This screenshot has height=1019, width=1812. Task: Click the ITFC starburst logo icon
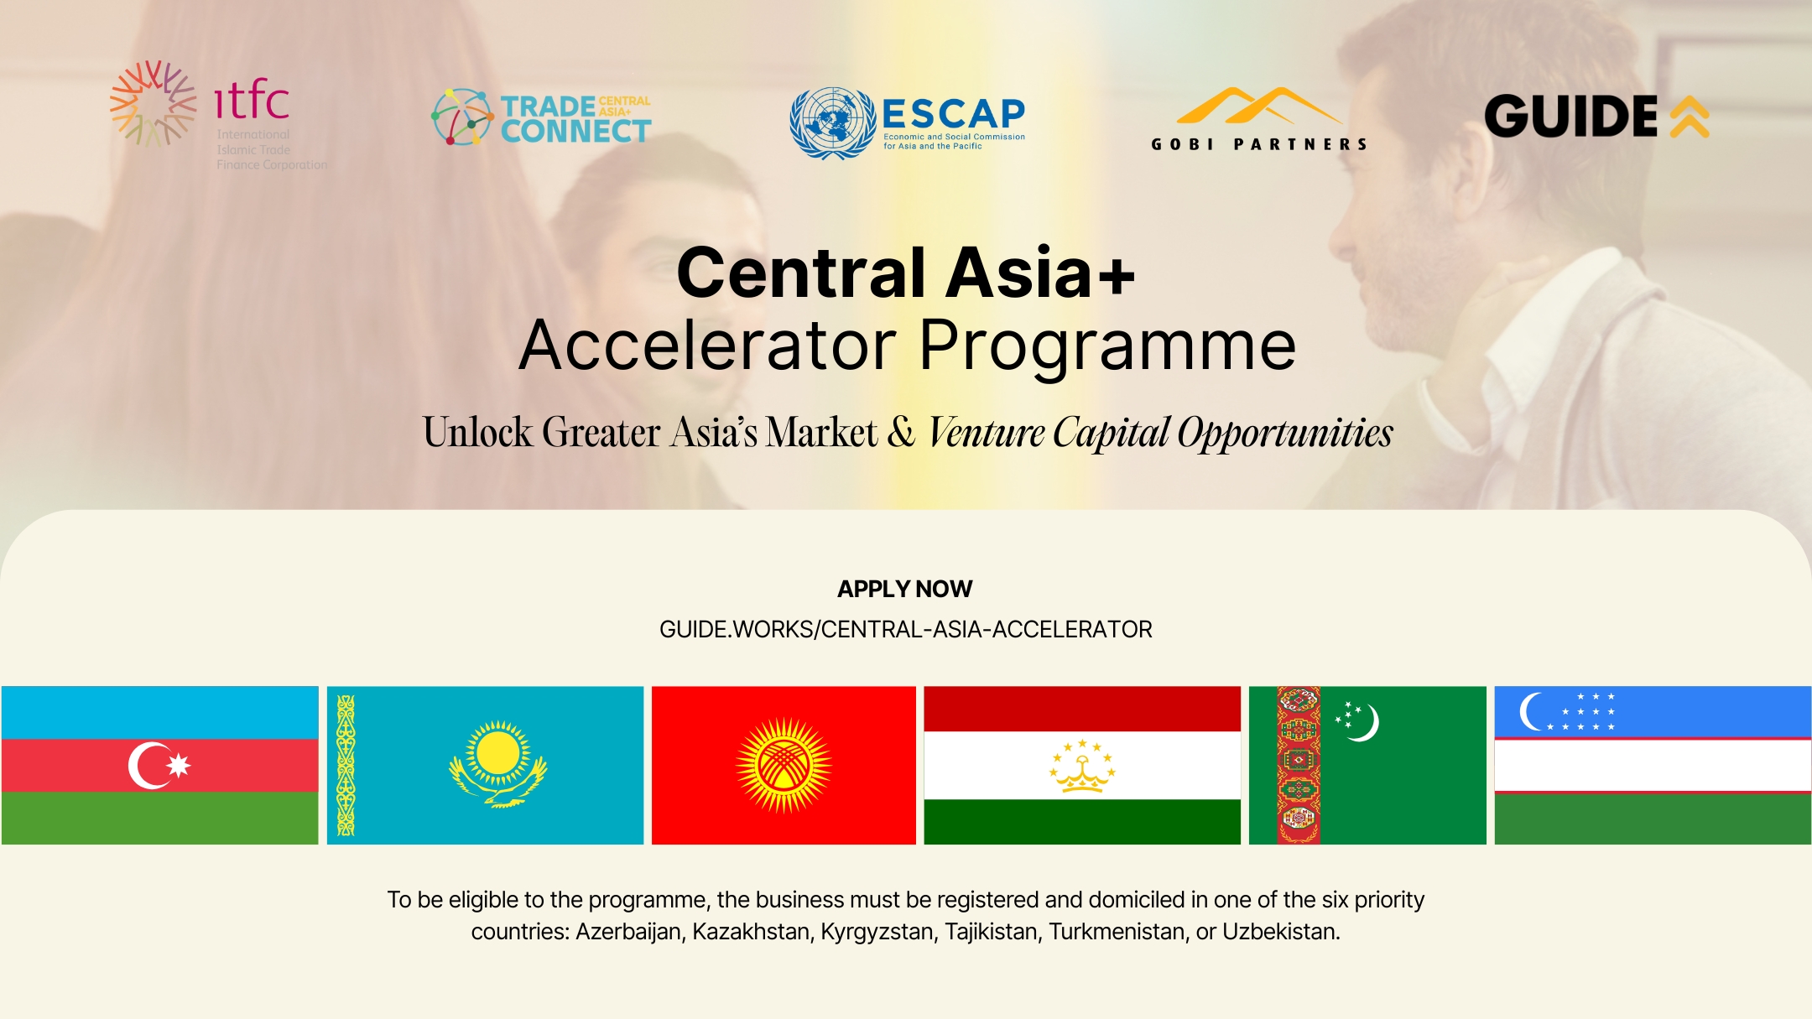(153, 103)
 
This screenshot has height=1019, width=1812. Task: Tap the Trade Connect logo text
(575, 118)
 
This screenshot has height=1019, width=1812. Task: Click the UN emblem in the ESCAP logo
(832, 123)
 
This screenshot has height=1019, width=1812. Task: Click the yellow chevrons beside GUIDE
(1690, 117)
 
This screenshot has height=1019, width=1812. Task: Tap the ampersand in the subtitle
(902, 432)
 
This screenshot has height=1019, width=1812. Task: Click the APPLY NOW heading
(905, 589)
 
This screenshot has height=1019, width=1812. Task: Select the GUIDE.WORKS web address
(906, 629)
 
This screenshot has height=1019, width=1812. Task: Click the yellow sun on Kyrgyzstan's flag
(784, 766)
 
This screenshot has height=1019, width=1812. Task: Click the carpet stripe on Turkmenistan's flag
(1299, 765)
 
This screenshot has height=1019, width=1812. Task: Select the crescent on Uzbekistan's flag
(1532, 712)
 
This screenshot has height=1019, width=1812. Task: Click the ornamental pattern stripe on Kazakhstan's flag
(346, 765)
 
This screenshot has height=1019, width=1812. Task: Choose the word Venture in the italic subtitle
(987, 433)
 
